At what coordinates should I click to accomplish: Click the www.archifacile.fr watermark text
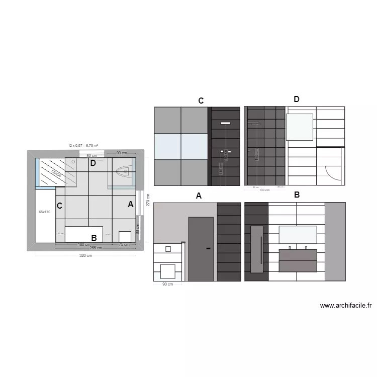coord(345,305)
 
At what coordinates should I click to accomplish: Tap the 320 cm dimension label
coord(86,256)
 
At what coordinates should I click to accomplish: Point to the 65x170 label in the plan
coord(45,212)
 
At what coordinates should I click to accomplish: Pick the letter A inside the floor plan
coord(131,205)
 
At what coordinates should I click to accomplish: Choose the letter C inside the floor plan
coord(59,206)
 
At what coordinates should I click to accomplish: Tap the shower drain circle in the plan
coord(73,162)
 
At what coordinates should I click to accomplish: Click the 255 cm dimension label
coord(96,248)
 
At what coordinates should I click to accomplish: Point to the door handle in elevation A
coord(208,248)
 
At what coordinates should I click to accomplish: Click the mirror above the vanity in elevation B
coord(297,235)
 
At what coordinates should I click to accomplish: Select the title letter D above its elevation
coord(297,100)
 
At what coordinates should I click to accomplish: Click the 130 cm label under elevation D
coord(264,190)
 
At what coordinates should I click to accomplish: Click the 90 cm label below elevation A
coord(167,285)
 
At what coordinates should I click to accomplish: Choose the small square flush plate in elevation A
coord(168,249)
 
